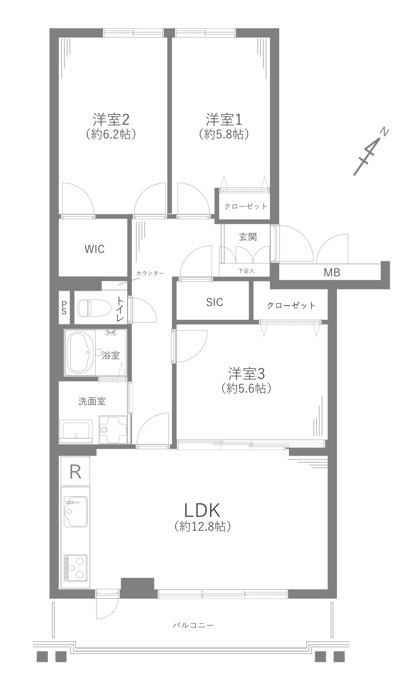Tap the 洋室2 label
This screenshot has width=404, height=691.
tap(110, 120)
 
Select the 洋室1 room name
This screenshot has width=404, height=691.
tap(224, 120)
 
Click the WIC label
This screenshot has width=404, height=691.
tap(94, 249)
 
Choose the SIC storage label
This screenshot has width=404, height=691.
tap(214, 302)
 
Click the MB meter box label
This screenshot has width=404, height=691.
tap(331, 273)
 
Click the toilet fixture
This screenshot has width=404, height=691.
tap(92, 308)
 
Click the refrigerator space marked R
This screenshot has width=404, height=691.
tap(75, 471)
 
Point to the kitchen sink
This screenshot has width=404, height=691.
tap(75, 512)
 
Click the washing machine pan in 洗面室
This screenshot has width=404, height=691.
tap(112, 429)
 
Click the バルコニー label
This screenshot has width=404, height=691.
tap(193, 625)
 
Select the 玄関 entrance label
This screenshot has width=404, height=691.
tap(248, 237)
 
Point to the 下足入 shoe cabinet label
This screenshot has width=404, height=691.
tap(246, 271)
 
